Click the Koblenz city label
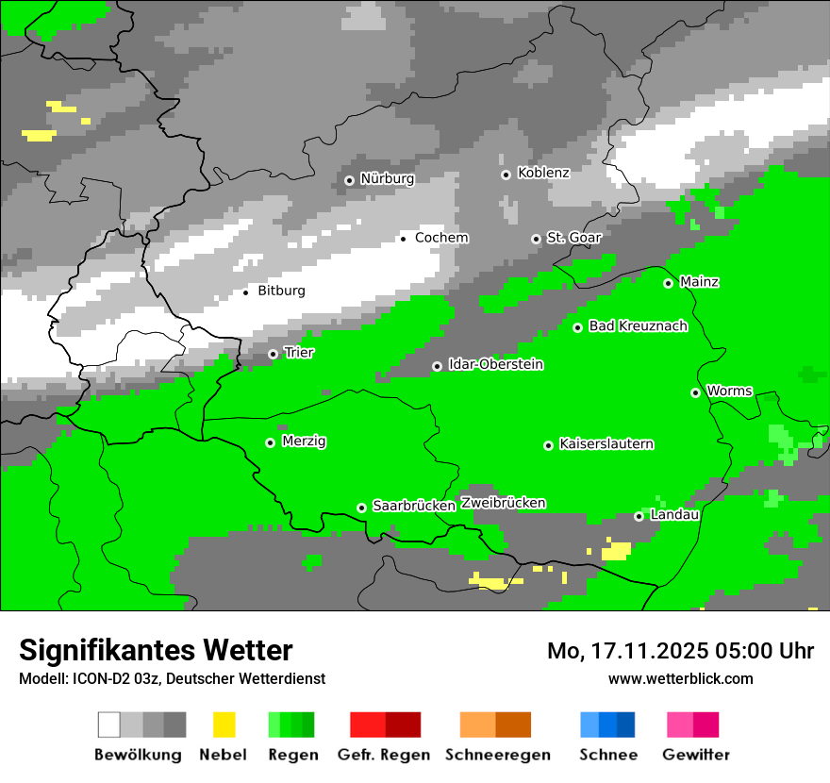coord(543,173)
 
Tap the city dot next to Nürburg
coord(349,180)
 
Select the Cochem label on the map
coord(441,238)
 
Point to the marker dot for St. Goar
coord(536,239)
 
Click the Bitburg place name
coord(281,291)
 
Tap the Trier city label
coord(299,353)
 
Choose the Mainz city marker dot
coord(668,283)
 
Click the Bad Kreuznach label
coord(638,326)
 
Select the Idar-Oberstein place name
coord(495,364)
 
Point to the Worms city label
coord(729,391)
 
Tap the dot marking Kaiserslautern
coord(548,445)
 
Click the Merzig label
coord(304,441)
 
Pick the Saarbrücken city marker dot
coord(361,508)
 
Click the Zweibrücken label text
coord(503,503)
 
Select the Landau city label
coord(674,515)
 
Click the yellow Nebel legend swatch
coord(224,725)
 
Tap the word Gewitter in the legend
coord(695,755)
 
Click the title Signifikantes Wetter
coord(156,650)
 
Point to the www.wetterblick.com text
coord(680,678)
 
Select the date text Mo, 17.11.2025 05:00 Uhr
coord(680,651)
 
